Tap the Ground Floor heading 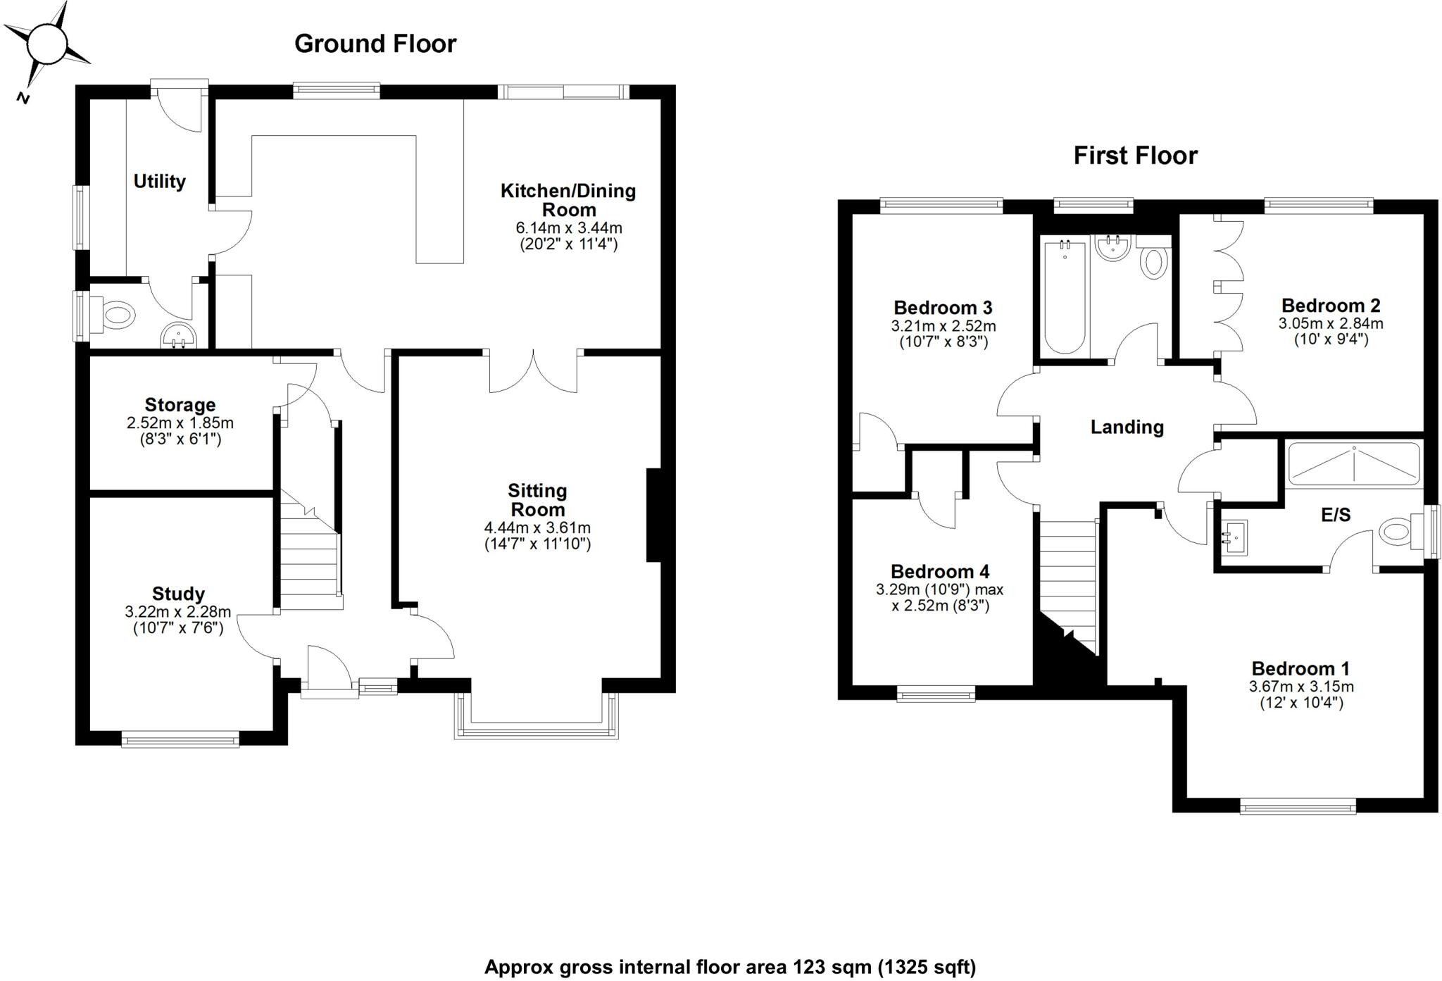(375, 44)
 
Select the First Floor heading (1135, 156)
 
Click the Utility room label (160, 182)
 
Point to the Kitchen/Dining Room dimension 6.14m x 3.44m (569, 228)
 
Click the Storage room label (180, 405)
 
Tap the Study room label (178, 594)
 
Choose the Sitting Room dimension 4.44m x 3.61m (537, 527)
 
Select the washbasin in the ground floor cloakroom (179, 336)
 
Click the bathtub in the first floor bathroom (1065, 297)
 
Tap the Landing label (1127, 427)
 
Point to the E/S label (1336, 515)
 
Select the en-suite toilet (1397, 530)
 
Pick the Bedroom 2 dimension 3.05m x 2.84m (1331, 324)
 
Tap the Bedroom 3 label (943, 308)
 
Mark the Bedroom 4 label (940, 571)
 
